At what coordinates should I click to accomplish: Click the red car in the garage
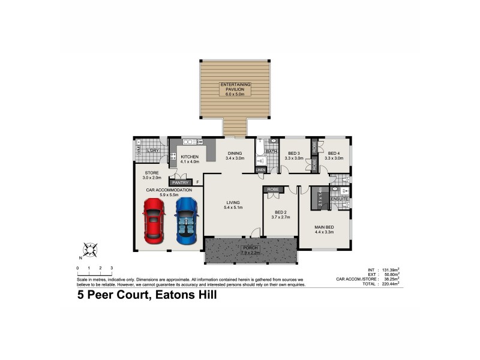coord(154,220)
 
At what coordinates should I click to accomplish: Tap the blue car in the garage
coord(186,220)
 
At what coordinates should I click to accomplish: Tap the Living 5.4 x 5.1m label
coord(233,205)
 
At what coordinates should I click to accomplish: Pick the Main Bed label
coord(323,229)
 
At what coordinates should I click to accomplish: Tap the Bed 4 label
coord(334,155)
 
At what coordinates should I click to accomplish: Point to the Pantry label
coord(180,182)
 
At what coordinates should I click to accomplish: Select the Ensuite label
coord(340,199)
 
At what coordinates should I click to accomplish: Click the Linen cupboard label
coord(260,170)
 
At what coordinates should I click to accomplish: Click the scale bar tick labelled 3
coord(112,268)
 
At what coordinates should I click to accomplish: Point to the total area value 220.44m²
coord(387,284)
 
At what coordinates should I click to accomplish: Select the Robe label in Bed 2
coord(273,190)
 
